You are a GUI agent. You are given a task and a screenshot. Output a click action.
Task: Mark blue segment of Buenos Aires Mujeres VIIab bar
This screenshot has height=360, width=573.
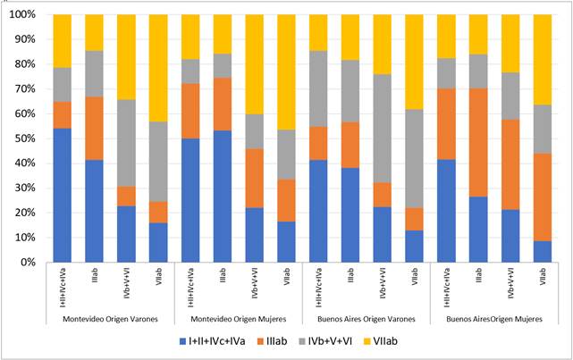[542, 252]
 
